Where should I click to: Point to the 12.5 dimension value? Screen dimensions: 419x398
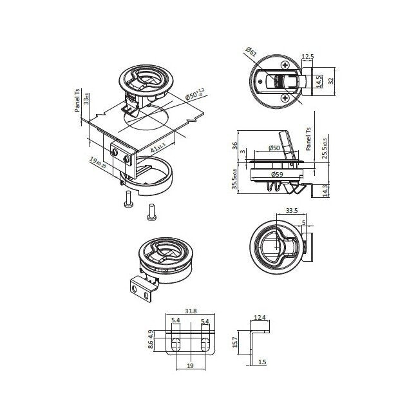(307, 57)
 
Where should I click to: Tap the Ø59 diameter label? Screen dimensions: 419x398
(278, 174)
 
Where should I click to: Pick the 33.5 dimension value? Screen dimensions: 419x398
(290, 210)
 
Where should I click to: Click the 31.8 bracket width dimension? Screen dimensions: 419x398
(191, 311)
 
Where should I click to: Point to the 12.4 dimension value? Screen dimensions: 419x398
(260, 317)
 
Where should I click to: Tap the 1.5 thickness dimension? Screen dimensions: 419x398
(262, 362)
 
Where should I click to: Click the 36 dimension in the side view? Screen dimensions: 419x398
(235, 144)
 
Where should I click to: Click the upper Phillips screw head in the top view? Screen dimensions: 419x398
(284, 64)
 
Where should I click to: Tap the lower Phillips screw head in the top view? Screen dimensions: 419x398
(284, 98)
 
